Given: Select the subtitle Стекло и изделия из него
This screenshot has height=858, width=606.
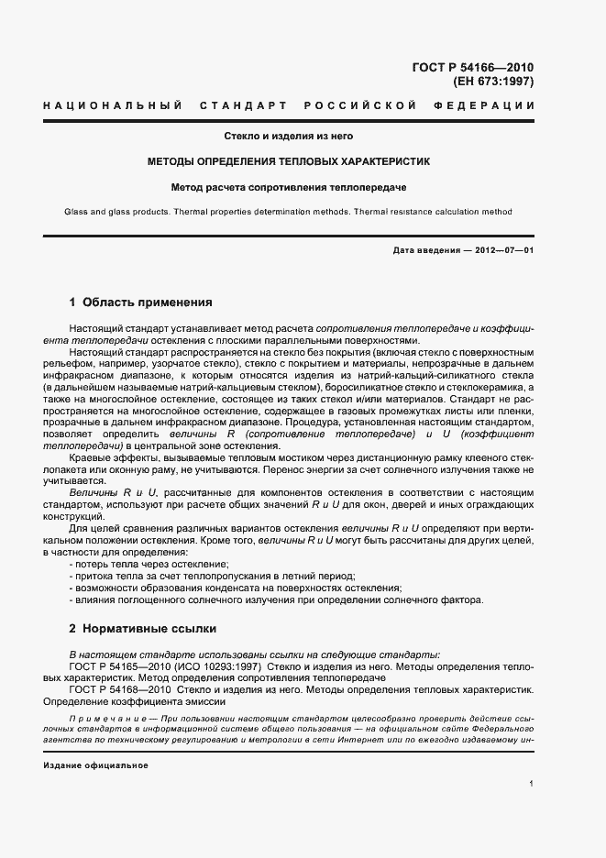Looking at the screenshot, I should [x=289, y=137].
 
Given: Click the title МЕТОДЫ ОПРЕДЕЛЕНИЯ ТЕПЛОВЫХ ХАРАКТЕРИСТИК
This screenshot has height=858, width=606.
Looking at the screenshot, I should [x=289, y=161].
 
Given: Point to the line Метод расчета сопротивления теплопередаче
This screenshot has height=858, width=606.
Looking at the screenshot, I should [x=289, y=187].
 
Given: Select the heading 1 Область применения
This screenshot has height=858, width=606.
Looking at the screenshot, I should [x=141, y=302].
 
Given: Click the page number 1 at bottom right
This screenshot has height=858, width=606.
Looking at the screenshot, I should [x=531, y=784].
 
